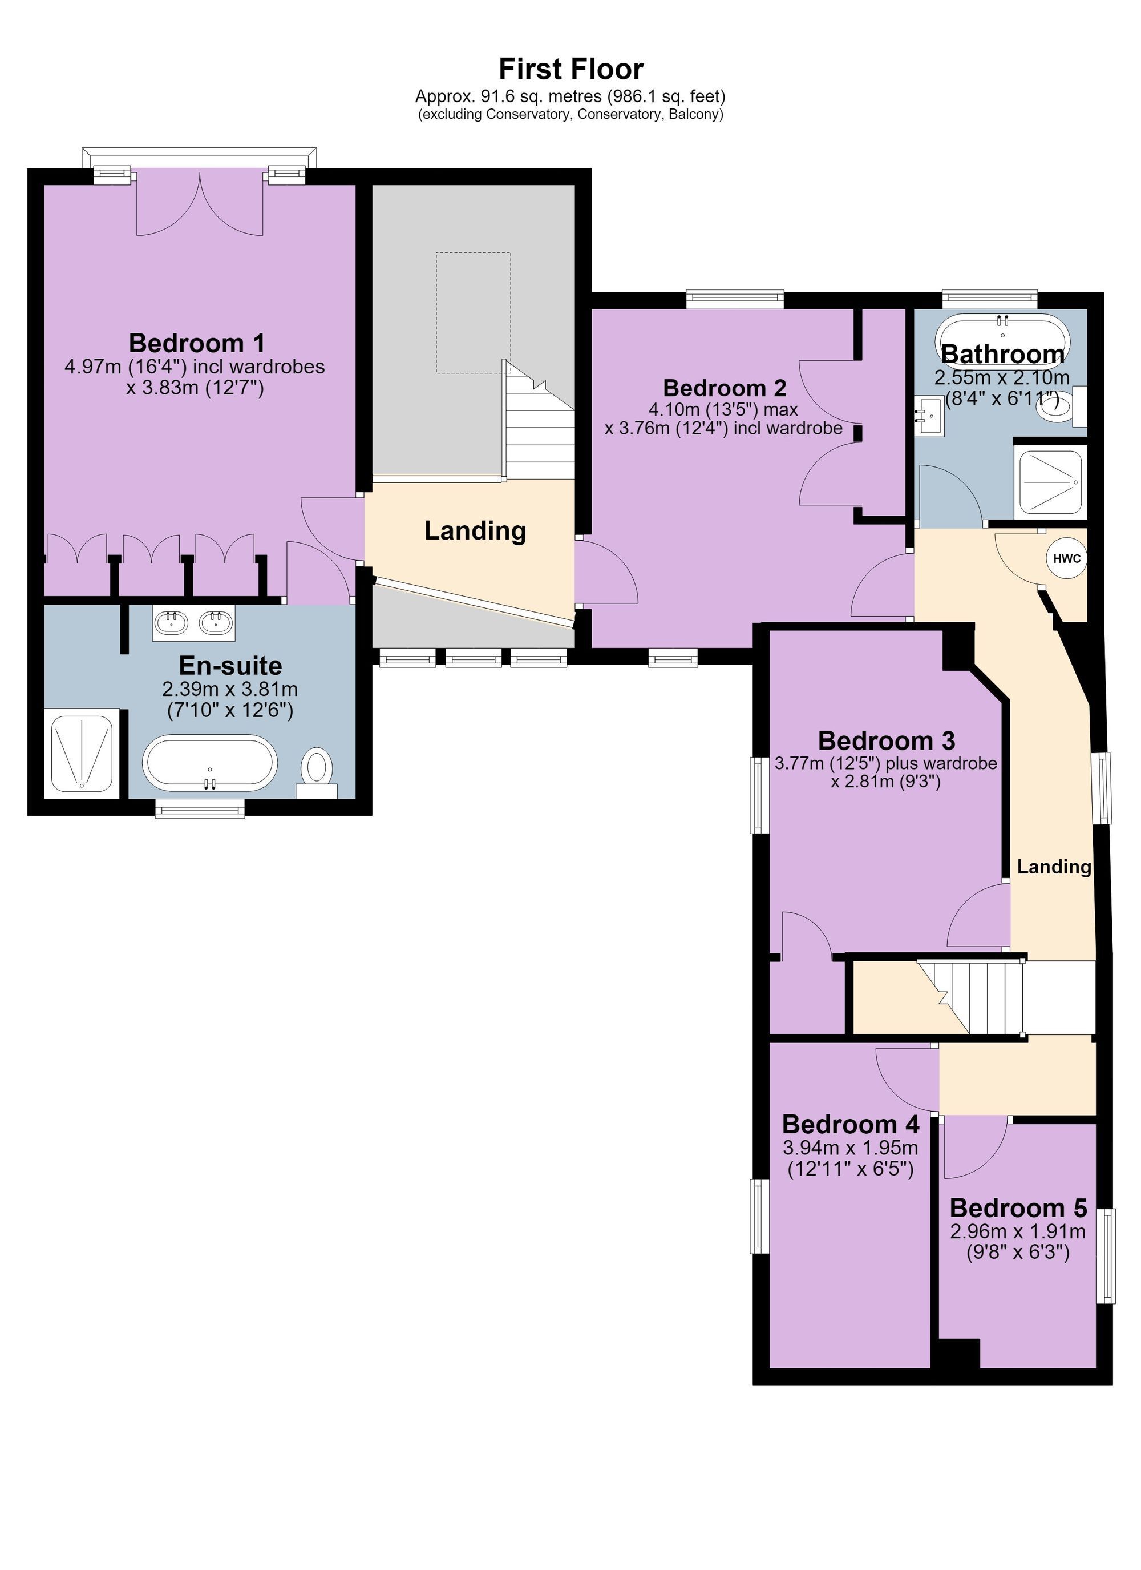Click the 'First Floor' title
571,69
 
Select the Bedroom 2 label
724,387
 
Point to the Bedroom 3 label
887,740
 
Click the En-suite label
230,665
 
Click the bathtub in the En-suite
209,763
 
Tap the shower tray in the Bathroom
1050,482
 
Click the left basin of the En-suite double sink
170,623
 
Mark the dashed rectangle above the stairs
474,313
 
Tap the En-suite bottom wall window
200,808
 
